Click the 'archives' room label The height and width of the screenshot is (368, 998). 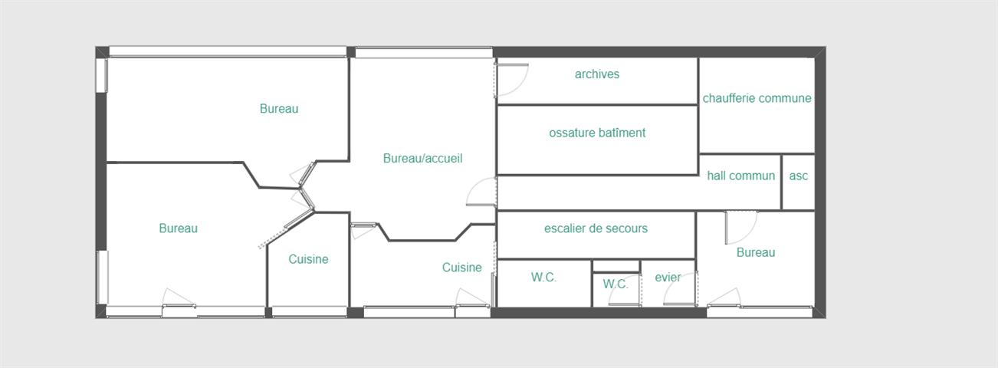(597, 74)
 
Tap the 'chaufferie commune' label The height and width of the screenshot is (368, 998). (757, 98)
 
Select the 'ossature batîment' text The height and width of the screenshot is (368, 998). (597, 133)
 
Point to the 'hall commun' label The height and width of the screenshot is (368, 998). (741, 176)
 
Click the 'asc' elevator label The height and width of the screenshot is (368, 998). (799, 176)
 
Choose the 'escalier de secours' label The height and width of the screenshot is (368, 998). (596, 228)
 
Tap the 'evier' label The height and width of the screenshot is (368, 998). (668, 278)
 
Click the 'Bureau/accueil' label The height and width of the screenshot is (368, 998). (423, 158)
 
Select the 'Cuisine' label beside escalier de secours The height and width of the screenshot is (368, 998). (462, 268)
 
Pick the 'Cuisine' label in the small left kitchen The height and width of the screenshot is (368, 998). (308, 259)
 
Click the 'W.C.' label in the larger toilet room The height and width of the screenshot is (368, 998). (543, 278)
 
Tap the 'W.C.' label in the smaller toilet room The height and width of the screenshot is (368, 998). (616, 284)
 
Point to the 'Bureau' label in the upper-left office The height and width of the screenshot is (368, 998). (279, 109)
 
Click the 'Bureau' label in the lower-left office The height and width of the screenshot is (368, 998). (178, 228)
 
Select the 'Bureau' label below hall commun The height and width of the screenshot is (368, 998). (756, 252)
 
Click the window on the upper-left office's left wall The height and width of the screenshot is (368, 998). (102, 75)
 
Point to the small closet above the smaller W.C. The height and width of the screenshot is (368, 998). (616, 267)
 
